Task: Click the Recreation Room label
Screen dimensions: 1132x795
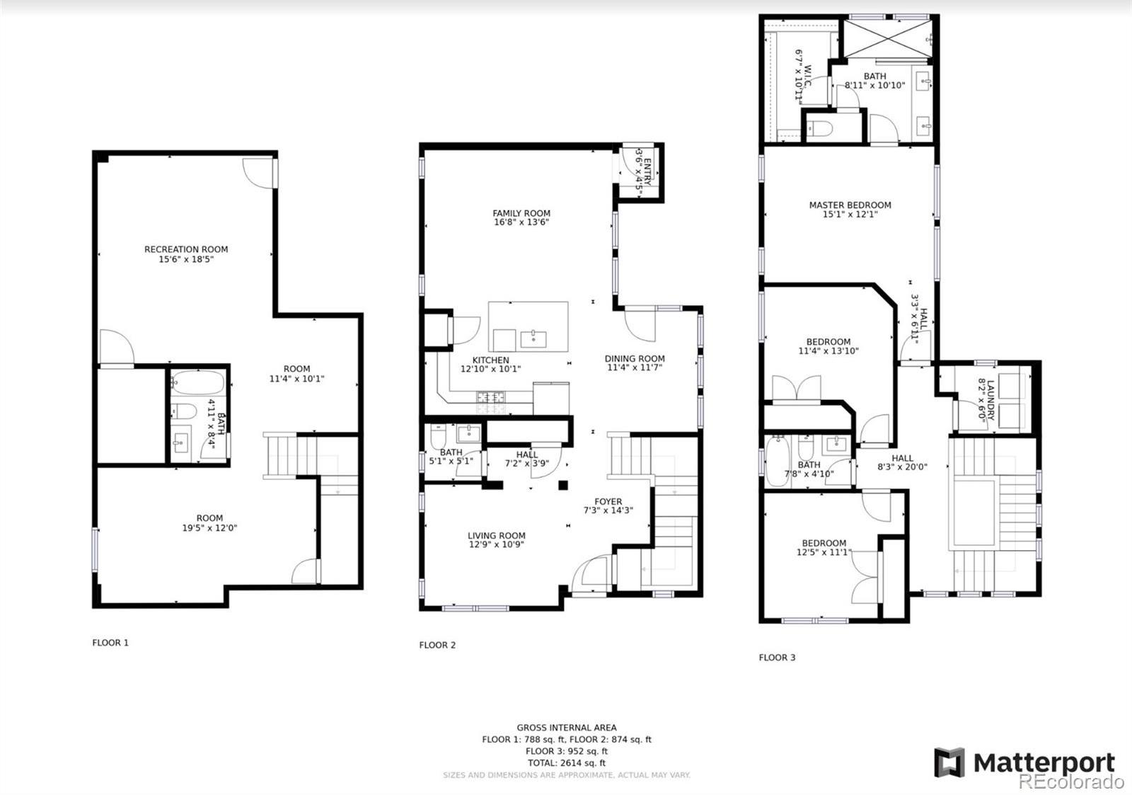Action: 186,249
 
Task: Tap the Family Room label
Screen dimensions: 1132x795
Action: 521,213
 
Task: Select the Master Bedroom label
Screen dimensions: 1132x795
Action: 850,205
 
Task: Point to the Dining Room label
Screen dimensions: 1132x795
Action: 635,358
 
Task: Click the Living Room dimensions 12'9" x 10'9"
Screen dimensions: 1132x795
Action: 496,544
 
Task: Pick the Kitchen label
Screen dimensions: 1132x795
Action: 491,360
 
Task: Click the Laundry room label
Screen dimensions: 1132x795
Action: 990,401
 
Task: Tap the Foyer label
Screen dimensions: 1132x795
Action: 608,502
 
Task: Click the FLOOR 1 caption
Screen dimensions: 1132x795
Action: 110,643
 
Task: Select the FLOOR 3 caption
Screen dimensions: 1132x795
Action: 777,658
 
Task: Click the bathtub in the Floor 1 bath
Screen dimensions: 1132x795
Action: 197,383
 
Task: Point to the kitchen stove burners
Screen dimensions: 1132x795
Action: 490,397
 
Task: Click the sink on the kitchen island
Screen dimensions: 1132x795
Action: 533,339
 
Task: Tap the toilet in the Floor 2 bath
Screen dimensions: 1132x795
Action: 438,436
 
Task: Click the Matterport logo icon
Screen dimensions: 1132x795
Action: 949,762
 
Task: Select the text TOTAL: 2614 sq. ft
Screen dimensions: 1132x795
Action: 567,763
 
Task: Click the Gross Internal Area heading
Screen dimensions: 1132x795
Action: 567,728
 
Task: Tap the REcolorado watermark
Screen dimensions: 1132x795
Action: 1071,782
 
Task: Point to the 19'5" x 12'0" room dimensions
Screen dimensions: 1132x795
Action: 209,528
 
